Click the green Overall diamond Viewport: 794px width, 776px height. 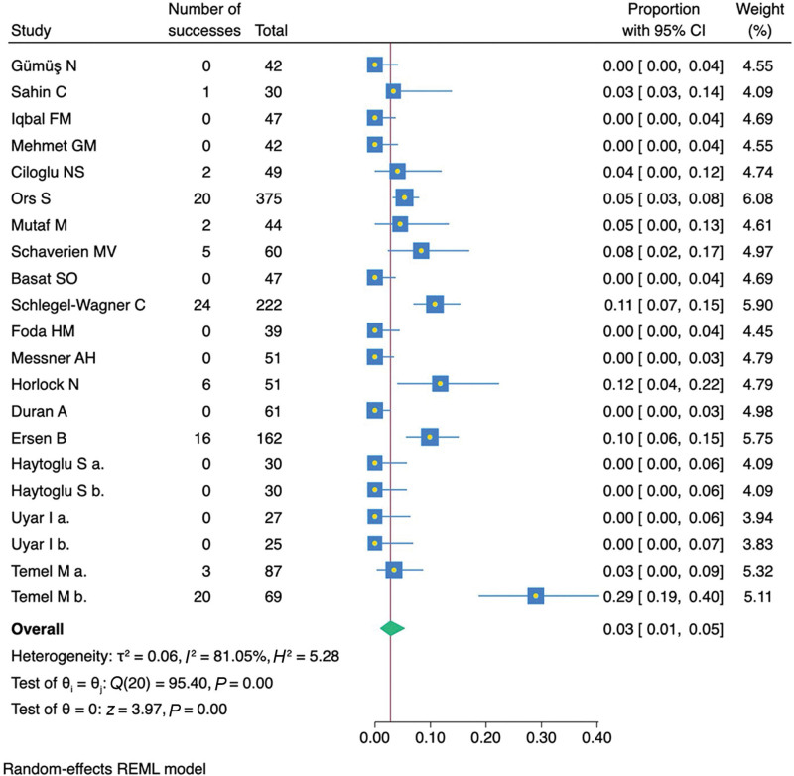coord(392,629)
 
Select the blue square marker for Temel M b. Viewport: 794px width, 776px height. coord(536,596)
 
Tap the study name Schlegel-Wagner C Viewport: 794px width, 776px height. coord(78,305)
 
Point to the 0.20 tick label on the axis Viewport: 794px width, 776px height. coord(485,737)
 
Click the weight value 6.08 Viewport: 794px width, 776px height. coord(758,198)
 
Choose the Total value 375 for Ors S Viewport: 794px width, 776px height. coord(269,198)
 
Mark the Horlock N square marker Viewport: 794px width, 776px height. coord(440,384)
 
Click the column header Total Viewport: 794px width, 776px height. coord(271,31)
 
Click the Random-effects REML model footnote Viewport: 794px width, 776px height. coord(105,768)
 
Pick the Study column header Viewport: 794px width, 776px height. coord(31,31)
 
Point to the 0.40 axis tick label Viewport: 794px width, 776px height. coord(597,737)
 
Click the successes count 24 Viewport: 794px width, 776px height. coord(202,305)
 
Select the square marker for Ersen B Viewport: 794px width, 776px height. coord(430,437)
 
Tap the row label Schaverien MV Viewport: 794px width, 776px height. coord(64,252)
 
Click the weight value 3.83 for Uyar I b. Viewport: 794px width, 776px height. coord(758,544)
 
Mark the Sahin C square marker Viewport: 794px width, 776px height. coord(393,91)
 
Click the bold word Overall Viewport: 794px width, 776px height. coord(38,629)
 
